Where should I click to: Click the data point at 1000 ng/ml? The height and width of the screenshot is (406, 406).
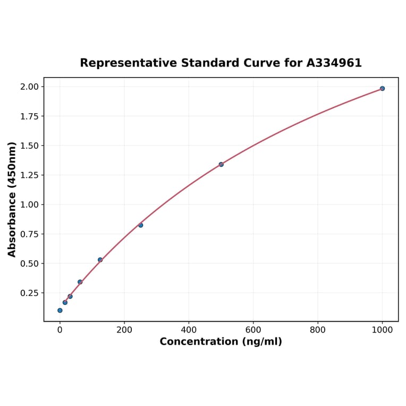382,88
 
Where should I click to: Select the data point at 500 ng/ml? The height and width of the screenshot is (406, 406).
221,164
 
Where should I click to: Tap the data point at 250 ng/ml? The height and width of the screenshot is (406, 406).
140,225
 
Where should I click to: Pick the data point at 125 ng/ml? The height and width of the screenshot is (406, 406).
100,260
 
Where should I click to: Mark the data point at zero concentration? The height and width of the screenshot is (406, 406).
60,310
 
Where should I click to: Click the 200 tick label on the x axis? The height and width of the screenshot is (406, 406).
124,329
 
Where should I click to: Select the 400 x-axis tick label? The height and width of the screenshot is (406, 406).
189,329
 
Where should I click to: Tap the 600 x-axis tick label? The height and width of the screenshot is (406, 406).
253,329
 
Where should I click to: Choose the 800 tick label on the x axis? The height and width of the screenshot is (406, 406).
318,329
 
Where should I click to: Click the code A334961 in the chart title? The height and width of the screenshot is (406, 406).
334,63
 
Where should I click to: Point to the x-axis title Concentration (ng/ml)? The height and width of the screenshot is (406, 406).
221,342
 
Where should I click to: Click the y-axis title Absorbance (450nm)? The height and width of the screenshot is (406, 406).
12,199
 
